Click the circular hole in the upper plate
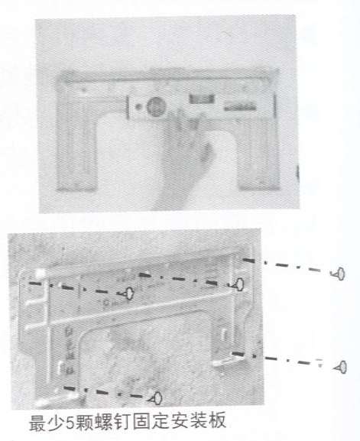click(x=156, y=106)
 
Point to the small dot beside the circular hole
click(x=138, y=107)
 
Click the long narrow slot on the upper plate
click(x=240, y=108)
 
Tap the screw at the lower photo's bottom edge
click(x=155, y=398)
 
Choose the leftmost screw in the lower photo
click(x=127, y=293)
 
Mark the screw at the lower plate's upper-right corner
click(x=238, y=284)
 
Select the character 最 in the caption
click(x=38, y=421)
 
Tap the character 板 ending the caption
click(x=217, y=421)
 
